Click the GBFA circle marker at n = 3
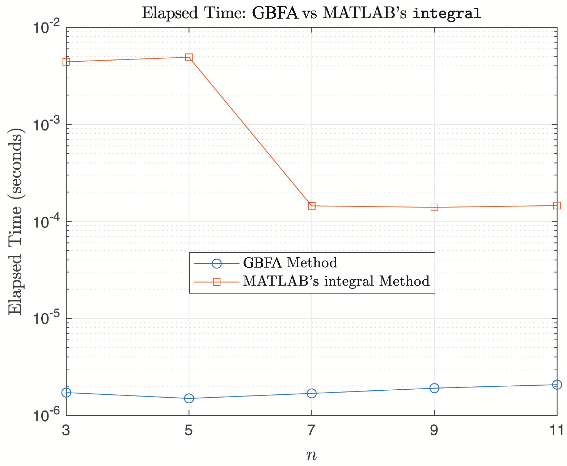(66, 393)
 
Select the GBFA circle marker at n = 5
(189, 398)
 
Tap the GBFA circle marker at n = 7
(312, 393)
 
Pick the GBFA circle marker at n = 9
(434, 388)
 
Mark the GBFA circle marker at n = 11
(557, 385)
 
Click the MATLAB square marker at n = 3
(66, 62)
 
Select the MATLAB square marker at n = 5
(189, 57)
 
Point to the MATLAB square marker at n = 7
(312, 206)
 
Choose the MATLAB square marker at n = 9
(434, 207)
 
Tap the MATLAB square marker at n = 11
(557, 206)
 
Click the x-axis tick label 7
(311, 430)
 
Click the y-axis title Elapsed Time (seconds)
(16, 222)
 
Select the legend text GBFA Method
(290, 263)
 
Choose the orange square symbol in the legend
(216, 282)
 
